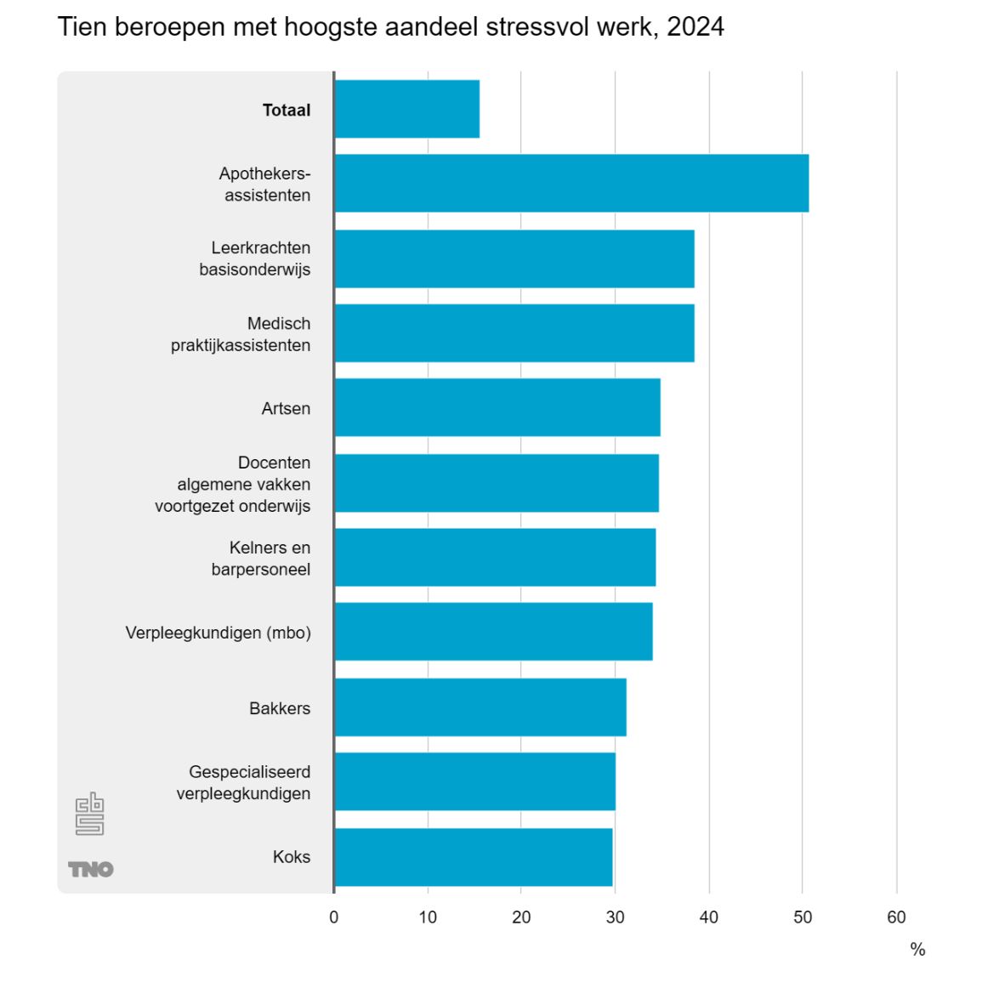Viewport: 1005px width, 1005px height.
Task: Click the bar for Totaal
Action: click(407, 109)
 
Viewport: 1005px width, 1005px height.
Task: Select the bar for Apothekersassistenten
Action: click(571, 183)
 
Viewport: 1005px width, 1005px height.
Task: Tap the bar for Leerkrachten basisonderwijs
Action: click(514, 258)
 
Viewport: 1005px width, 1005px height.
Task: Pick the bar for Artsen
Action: click(497, 407)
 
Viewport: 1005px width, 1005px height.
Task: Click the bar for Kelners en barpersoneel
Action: click(495, 557)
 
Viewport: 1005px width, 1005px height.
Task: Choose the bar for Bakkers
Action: click(480, 707)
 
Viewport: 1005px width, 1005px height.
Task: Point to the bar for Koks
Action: click(474, 857)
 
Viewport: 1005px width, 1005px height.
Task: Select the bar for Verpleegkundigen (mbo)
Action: click(493, 632)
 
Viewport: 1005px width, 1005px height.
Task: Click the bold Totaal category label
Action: click(287, 110)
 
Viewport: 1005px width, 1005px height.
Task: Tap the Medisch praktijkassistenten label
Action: click(241, 334)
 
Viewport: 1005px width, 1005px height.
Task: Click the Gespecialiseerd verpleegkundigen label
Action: click(244, 782)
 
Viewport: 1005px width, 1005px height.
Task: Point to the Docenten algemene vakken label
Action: click(233, 484)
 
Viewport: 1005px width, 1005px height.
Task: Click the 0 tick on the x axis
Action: click(334, 917)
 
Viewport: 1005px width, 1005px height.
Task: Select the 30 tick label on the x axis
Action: click(615, 917)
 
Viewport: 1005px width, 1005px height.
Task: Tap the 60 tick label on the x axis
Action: click(896, 917)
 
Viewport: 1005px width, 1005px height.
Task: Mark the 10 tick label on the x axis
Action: click(428, 917)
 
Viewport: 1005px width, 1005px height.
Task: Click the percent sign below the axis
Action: click(917, 950)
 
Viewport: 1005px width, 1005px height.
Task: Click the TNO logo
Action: click(91, 869)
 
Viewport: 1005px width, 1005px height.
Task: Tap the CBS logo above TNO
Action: click(89, 814)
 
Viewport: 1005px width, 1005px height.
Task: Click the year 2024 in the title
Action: click(695, 27)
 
